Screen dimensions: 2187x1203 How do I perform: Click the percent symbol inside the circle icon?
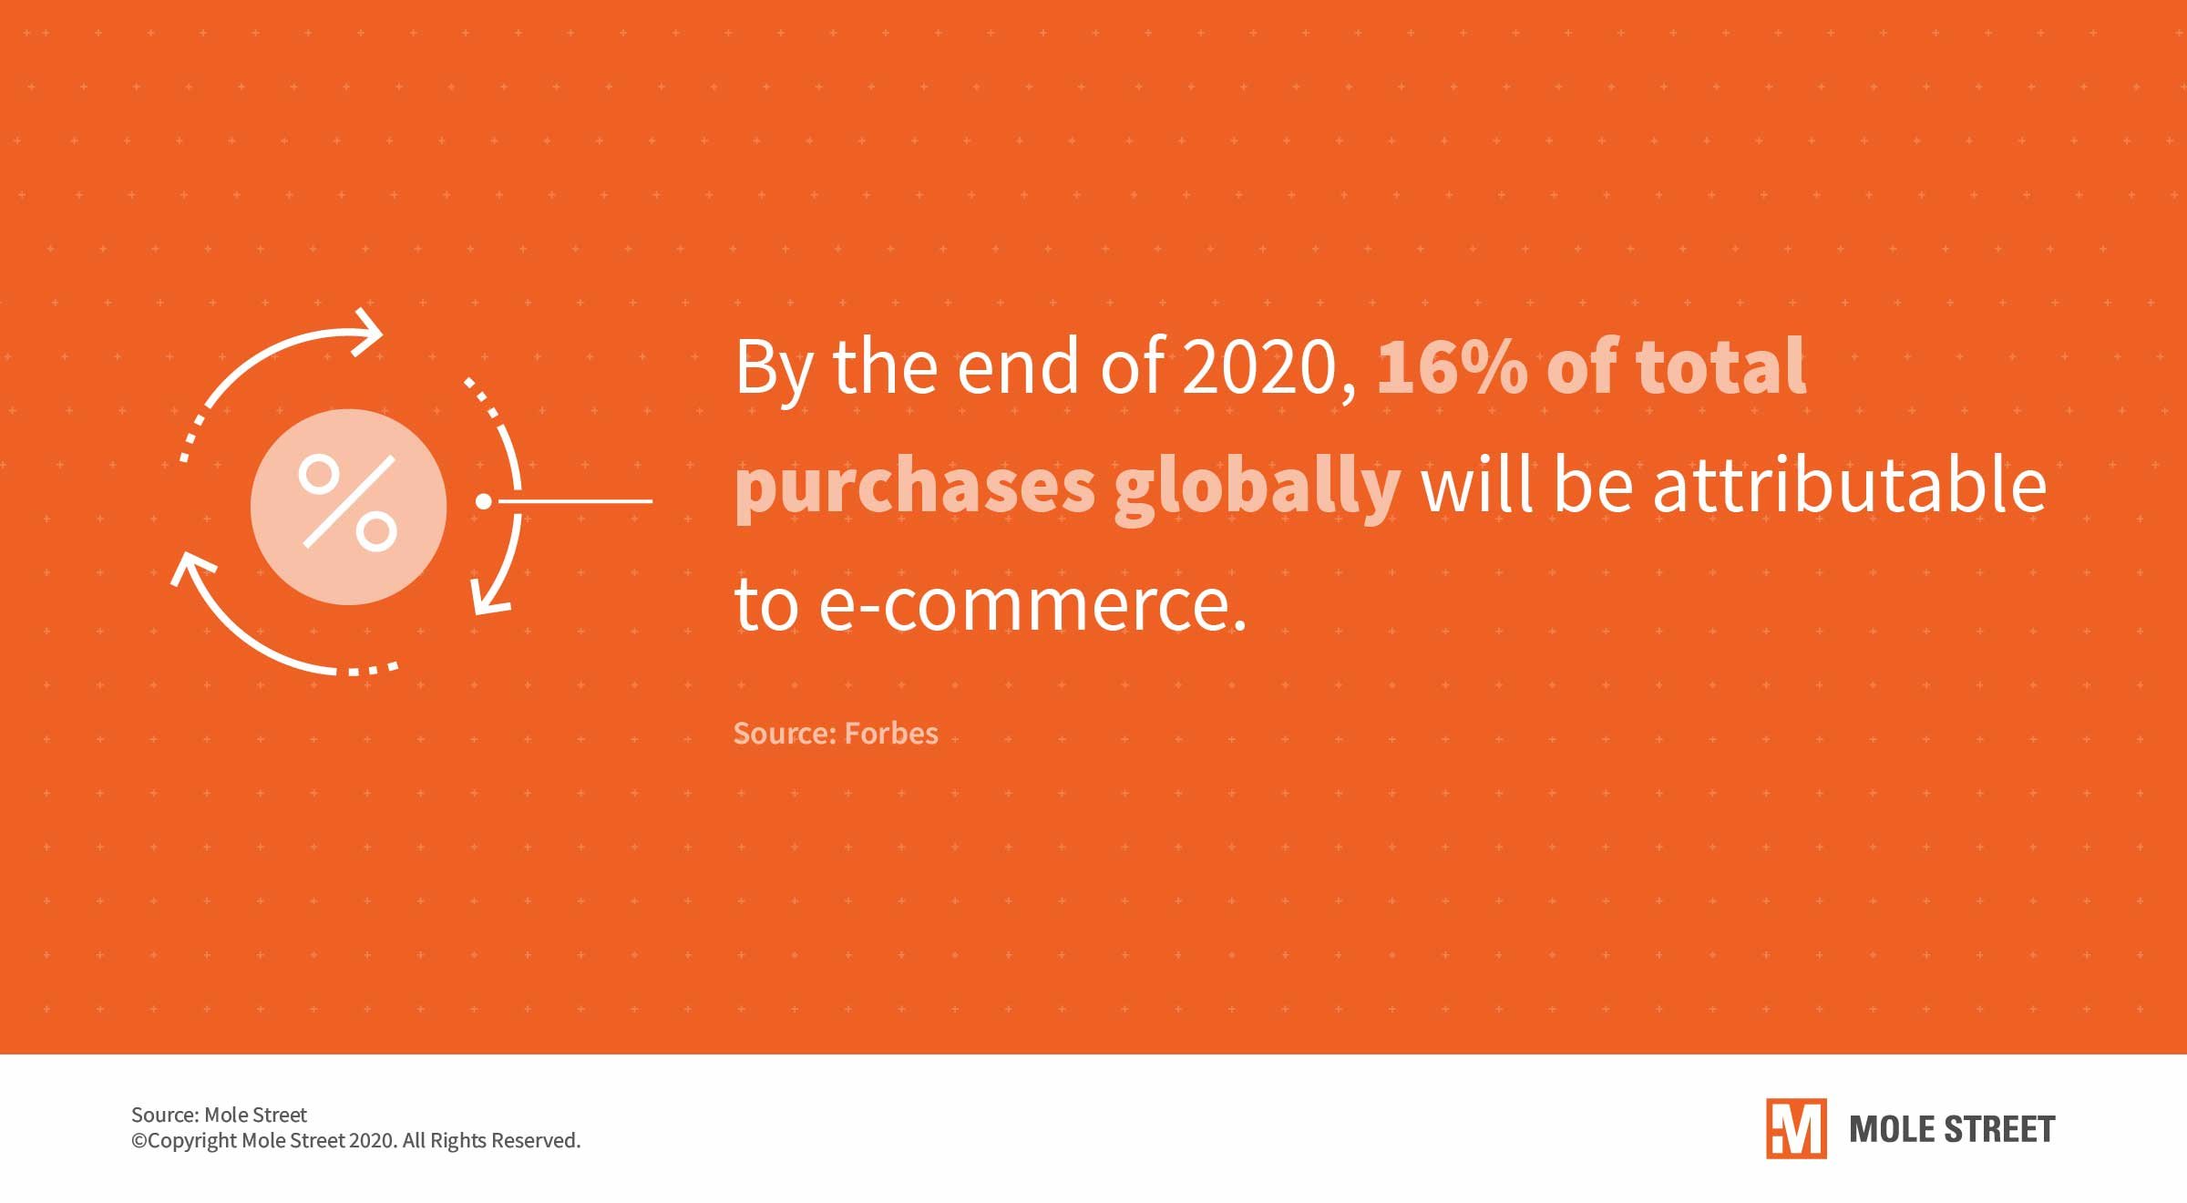tap(348, 502)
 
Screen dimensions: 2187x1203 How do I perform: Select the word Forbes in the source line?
tap(891, 734)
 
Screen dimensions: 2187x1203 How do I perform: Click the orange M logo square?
tap(1796, 1128)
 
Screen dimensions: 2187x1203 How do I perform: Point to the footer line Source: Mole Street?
tap(219, 1115)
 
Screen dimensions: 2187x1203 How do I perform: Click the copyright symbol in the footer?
tap(139, 1141)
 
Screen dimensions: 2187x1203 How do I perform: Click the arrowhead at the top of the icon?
tap(369, 332)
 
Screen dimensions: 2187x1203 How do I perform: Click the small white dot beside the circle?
tap(484, 501)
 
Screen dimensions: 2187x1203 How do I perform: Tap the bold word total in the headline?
tap(1721, 366)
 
